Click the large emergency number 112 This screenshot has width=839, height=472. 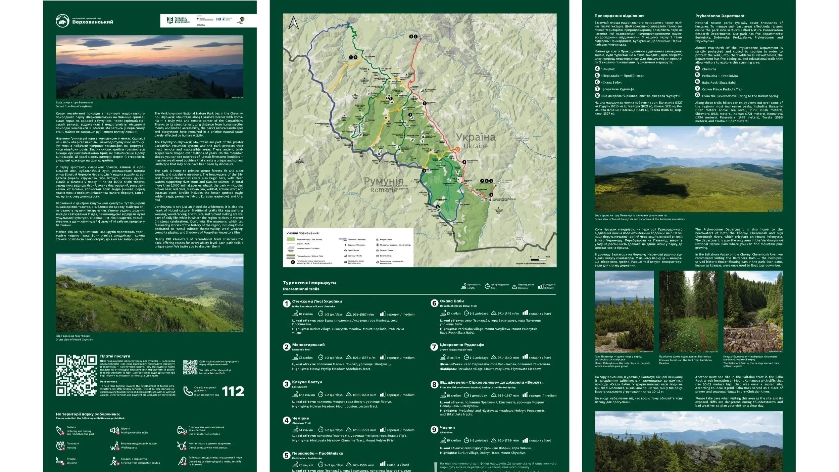click(x=233, y=391)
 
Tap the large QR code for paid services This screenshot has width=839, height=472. click(x=76, y=375)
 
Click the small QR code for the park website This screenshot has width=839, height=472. click(x=190, y=367)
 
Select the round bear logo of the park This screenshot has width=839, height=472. click(x=62, y=21)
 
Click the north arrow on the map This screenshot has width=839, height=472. click(x=294, y=23)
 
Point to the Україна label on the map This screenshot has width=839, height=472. click(x=475, y=137)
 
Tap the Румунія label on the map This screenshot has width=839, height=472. click(x=383, y=181)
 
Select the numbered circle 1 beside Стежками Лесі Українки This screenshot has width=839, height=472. click(x=286, y=303)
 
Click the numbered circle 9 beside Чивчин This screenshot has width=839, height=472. click(x=434, y=430)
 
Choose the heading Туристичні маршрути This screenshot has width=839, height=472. click(x=309, y=283)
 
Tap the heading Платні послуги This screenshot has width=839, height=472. click(x=115, y=356)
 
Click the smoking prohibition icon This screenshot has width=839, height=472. click(x=60, y=461)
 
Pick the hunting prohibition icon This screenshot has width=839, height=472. click(x=60, y=445)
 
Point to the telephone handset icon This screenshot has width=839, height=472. click(x=188, y=391)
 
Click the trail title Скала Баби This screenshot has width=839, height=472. click(x=452, y=301)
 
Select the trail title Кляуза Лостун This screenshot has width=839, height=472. click(x=307, y=382)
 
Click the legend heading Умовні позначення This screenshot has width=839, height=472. click(x=303, y=233)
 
